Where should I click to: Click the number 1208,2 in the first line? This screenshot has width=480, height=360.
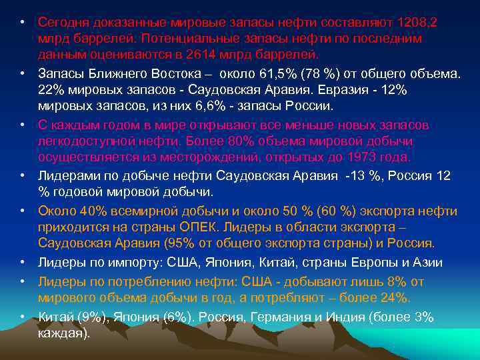(x=417, y=23)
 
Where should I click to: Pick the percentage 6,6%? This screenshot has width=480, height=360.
(x=172, y=106)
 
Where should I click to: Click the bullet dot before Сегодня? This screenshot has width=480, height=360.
(x=22, y=23)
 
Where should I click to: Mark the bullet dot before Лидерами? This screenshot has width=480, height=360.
(x=22, y=176)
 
